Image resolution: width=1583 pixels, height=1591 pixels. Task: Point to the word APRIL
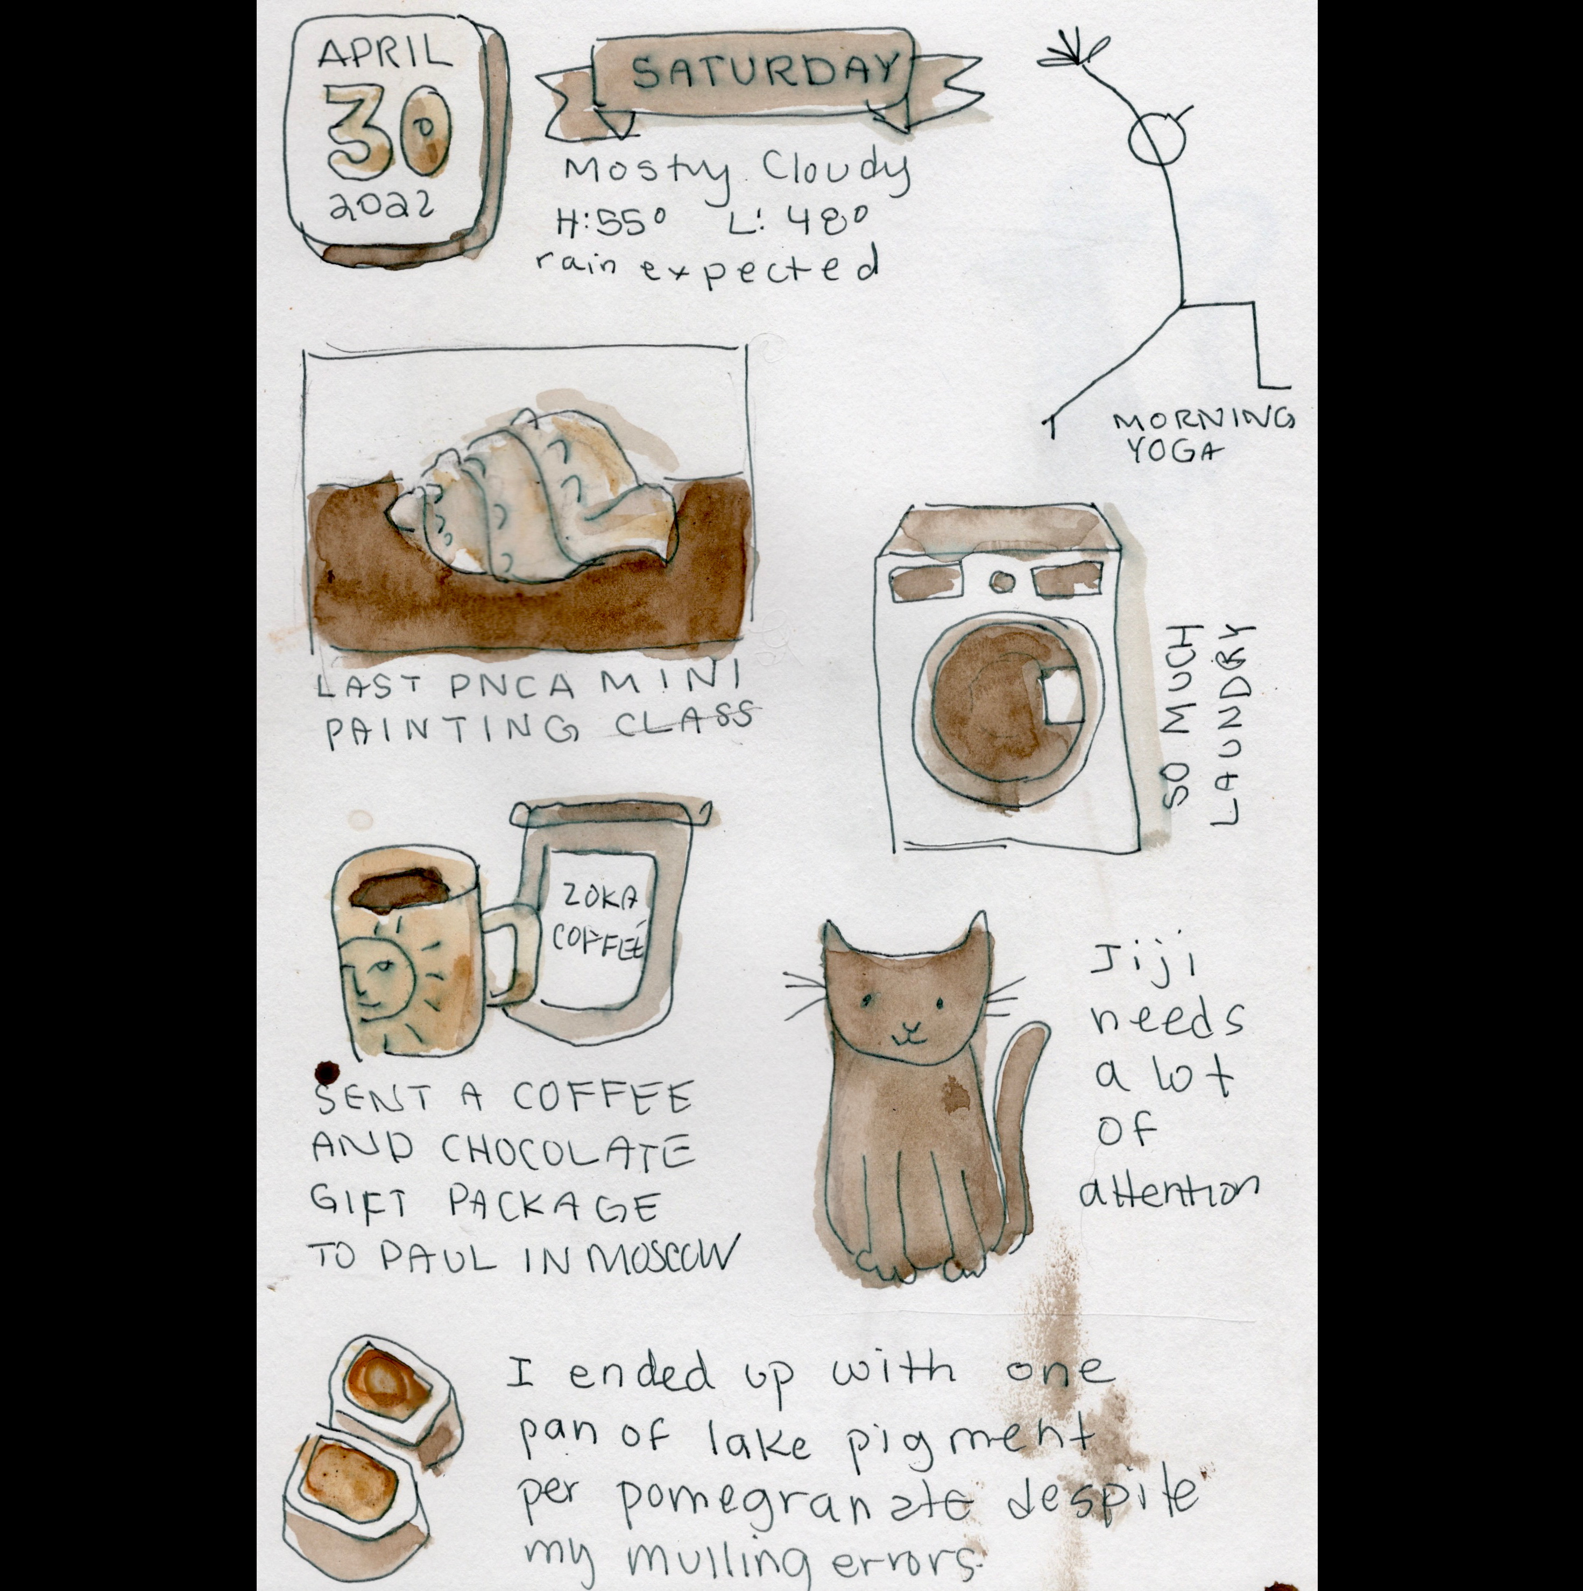tap(385, 55)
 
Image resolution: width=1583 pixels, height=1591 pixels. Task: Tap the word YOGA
tap(1170, 450)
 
